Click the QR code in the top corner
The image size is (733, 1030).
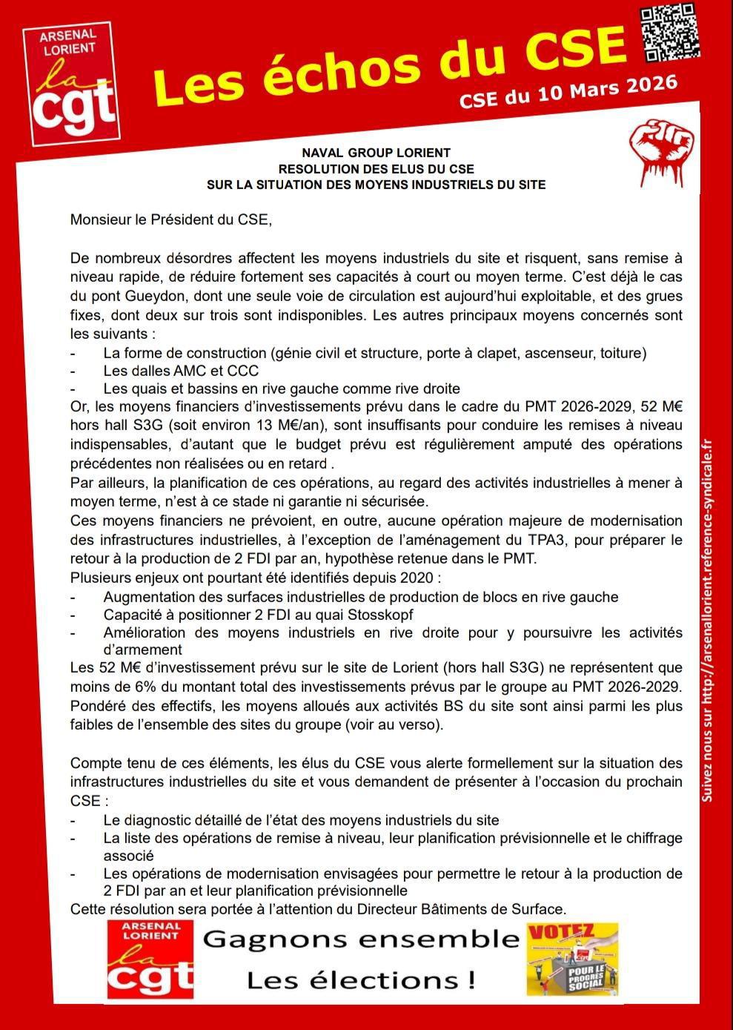[x=669, y=33]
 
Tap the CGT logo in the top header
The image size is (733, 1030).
[x=71, y=85]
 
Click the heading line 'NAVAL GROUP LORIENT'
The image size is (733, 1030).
[x=376, y=153]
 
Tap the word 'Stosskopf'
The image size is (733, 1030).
[x=378, y=615]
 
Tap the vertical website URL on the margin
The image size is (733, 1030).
[x=707, y=619]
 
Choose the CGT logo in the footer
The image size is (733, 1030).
[x=150, y=960]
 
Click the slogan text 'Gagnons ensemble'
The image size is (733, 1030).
[x=360, y=940]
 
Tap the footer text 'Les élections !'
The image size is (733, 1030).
[x=360, y=981]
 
